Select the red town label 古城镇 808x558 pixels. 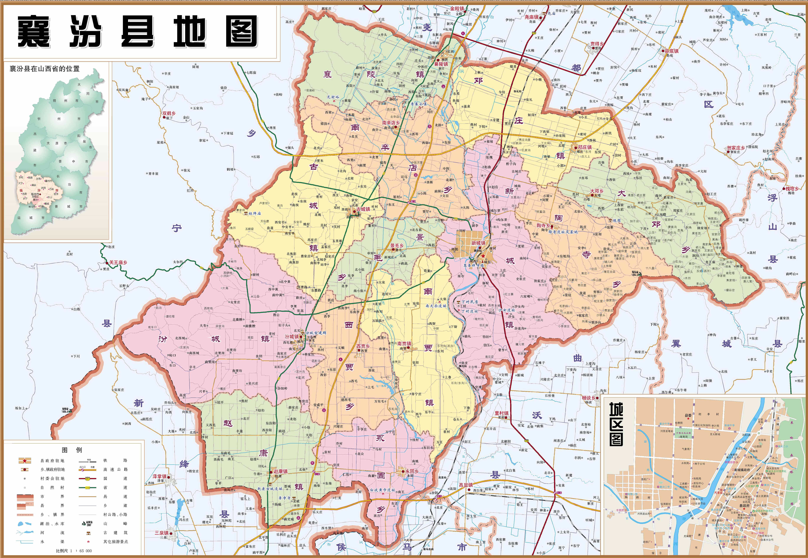point(363,209)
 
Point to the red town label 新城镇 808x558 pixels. point(478,243)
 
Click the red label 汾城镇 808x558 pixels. point(291,337)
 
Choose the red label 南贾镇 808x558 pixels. point(404,344)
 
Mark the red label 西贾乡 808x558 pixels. point(363,346)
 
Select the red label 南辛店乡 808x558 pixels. point(391,123)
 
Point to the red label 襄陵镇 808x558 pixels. point(441,64)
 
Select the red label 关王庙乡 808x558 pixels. point(118,262)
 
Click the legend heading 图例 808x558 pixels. point(72,450)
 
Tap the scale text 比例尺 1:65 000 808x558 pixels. point(74,551)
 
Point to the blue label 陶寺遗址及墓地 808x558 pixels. point(563,232)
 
